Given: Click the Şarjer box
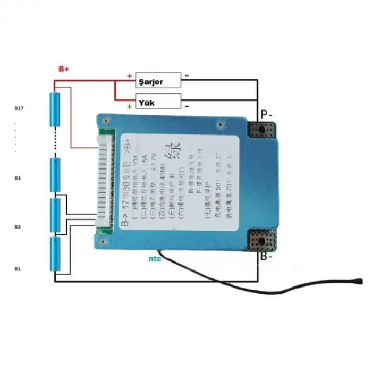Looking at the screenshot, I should coord(158,81).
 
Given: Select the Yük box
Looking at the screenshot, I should coord(158,101).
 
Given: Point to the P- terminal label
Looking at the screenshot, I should coord(266,114).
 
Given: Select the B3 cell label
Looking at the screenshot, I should coord(18,179).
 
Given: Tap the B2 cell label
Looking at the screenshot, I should coord(18,227).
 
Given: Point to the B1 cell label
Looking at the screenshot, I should coord(18,269).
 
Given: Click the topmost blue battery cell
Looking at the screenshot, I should coord(55,109).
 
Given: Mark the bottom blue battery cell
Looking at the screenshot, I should coord(55,254).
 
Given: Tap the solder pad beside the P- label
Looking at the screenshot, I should coord(263,130).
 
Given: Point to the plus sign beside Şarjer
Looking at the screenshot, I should coord(129,76).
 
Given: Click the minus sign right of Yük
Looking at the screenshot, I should coord(187,106).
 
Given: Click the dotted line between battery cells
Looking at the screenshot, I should coord(55,142).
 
